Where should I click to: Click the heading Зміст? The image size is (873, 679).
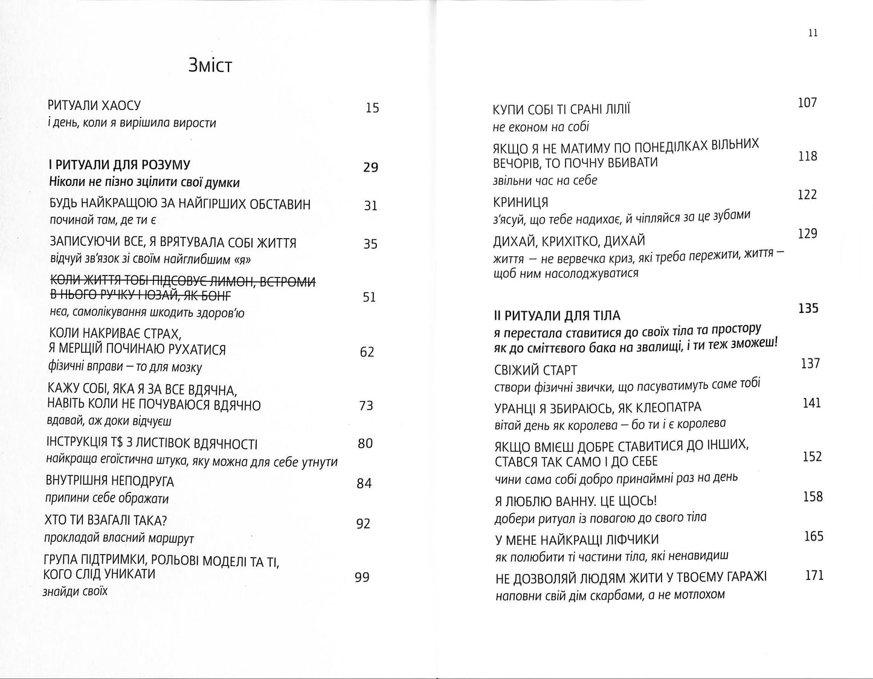click(x=210, y=65)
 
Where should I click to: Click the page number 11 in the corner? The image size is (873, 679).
click(x=813, y=33)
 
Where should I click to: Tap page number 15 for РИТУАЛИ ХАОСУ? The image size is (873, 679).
click(x=372, y=108)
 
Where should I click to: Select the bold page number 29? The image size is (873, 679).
click(x=370, y=167)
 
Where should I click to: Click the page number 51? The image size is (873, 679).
click(x=369, y=297)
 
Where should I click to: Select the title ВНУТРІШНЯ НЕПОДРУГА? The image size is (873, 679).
click(x=109, y=481)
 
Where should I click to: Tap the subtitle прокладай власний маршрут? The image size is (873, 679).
click(x=119, y=538)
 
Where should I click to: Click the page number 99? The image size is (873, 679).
click(x=361, y=577)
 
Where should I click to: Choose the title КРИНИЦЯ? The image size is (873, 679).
click(x=521, y=202)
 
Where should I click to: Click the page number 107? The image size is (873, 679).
click(x=807, y=103)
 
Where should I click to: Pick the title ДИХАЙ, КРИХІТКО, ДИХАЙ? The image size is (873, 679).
click(x=570, y=241)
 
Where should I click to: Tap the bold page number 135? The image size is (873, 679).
click(x=808, y=309)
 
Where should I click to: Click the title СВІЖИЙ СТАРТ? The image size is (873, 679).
click(x=535, y=370)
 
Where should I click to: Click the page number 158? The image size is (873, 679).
click(x=813, y=497)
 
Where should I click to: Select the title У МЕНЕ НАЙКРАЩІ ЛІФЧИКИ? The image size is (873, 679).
click(x=576, y=539)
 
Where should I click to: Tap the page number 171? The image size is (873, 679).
click(x=814, y=575)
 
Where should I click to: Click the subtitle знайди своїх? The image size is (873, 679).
click(x=75, y=591)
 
